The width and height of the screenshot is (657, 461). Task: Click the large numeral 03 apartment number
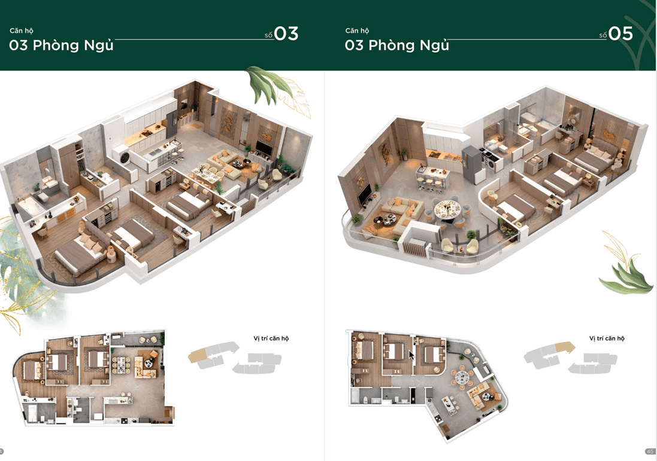[x=286, y=33]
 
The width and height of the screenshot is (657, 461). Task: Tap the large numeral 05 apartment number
[x=620, y=33]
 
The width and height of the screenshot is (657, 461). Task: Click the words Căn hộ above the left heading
[x=22, y=30]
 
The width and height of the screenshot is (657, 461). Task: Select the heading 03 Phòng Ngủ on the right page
[x=397, y=45]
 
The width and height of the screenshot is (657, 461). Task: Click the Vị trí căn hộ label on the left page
[x=271, y=338]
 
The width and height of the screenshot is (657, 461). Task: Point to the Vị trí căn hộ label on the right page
[x=607, y=338]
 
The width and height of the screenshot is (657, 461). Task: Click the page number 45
[x=650, y=451]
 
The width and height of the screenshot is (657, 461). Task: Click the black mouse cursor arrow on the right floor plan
[x=411, y=355]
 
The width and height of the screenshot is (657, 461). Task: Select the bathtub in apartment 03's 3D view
[x=30, y=207]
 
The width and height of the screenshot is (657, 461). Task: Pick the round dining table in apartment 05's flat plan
[x=461, y=375]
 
